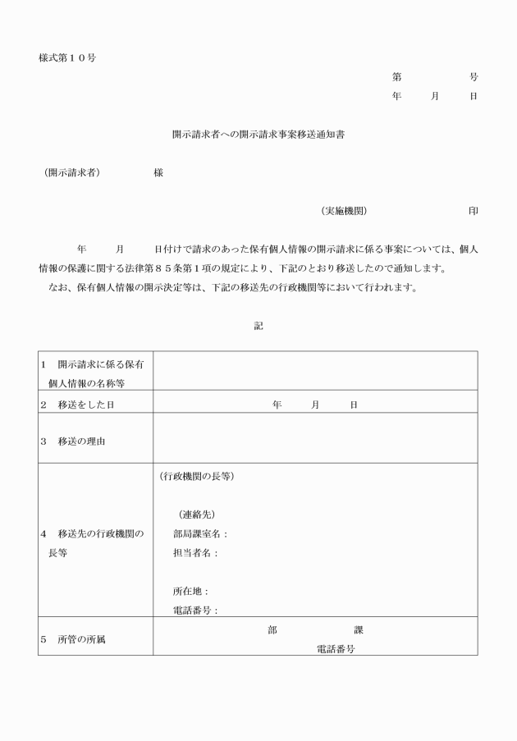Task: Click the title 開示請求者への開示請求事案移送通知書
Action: pyautogui.click(x=258, y=134)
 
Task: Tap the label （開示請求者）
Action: pyautogui.click(x=73, y=173)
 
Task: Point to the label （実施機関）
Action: pyautogui.click(x=344, y=211)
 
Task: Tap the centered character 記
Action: pyautogui.click(x=258, y=326)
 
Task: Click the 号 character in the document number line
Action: pyautogui.click(x=474, y=77)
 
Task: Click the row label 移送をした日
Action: pyautogui.click(x=85, y=405)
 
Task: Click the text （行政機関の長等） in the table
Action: pyautogui.click(x=196, y=477)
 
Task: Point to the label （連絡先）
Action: pyautogui.click(x=196, y=515)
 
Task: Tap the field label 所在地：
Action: pyautogui.click(x=190, y=591)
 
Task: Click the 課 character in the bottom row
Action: pyautogui.click(x=359, y=630)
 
